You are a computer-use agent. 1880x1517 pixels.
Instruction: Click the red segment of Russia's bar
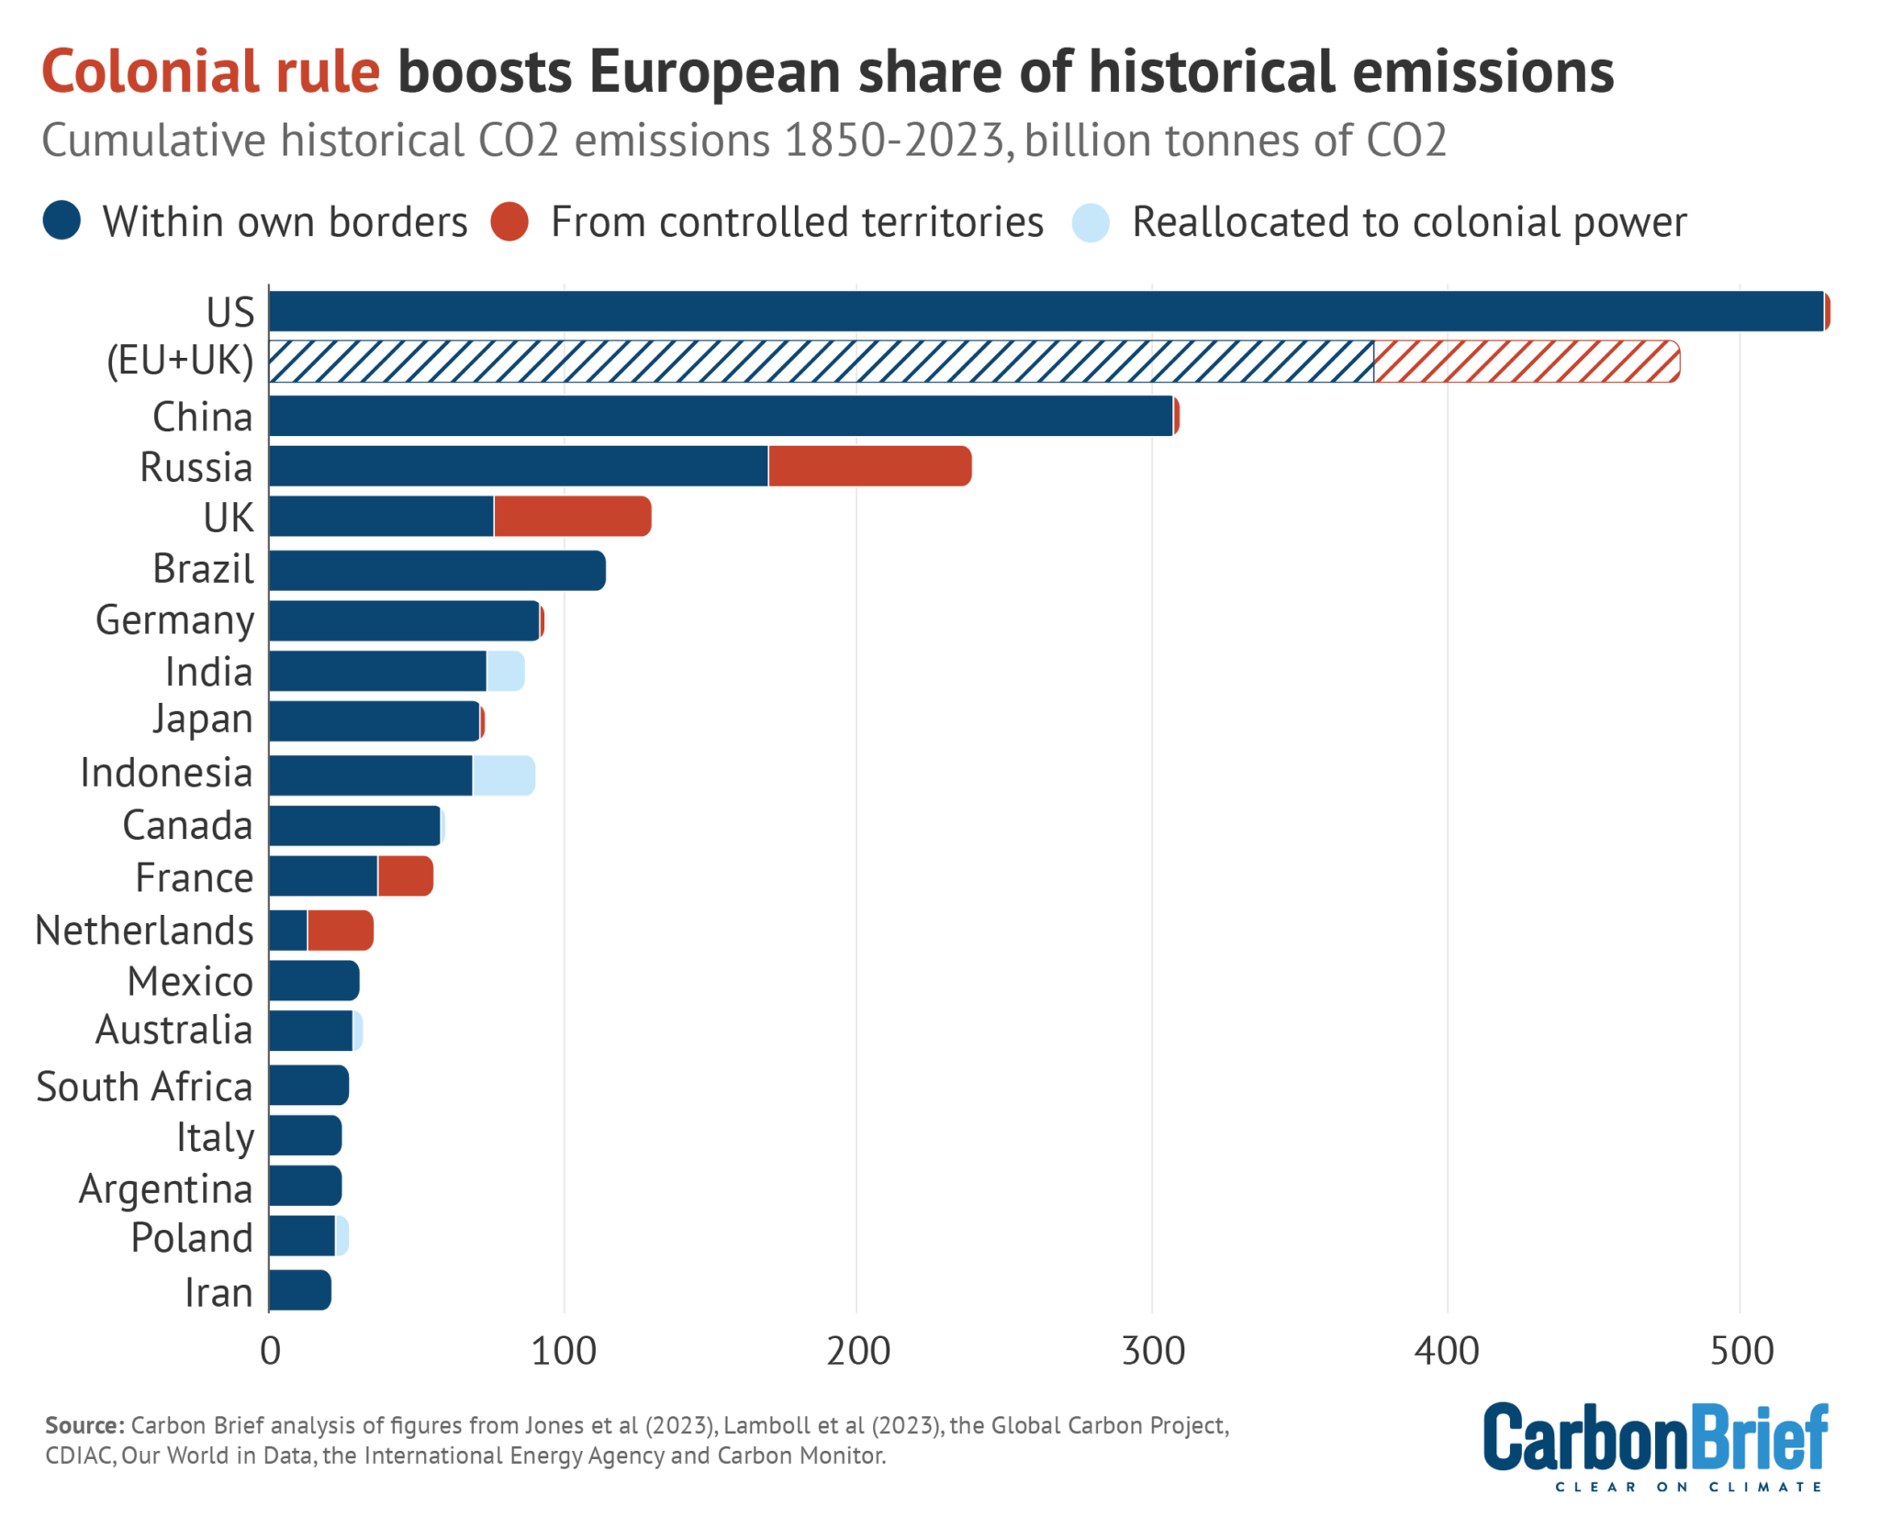click(x=868, y=466)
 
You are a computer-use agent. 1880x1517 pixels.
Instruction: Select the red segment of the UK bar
click(x=571, y=517)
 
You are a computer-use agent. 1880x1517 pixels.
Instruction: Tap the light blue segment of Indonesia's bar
click(x=502, y=775)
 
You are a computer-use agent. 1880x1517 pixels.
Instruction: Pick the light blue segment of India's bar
click(x=504, y=671)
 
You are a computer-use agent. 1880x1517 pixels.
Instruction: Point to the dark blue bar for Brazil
click(x=436, y=571)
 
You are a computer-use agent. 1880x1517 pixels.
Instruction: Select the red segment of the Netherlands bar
click(x=339, y=931)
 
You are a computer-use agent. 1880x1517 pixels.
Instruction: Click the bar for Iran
click(x=299, y=1290)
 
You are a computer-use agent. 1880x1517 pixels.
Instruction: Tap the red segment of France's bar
click(x=404, y=876)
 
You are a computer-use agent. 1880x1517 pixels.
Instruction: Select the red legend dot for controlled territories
click(x=509, y=222)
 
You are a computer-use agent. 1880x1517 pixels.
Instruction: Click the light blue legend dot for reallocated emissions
click(x=1091, y=222)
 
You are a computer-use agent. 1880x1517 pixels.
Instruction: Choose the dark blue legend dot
click(x=62, y=222)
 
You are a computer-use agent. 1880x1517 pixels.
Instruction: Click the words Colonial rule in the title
click(x=211, y=72)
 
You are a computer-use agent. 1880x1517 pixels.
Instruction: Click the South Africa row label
click(x=144, y=1087)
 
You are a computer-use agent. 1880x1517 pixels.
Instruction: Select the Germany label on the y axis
click(x=174, y=620)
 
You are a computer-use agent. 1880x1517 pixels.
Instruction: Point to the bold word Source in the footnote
click(x=84, y=1425)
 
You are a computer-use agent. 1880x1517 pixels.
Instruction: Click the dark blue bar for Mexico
click(x=313, y=981)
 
